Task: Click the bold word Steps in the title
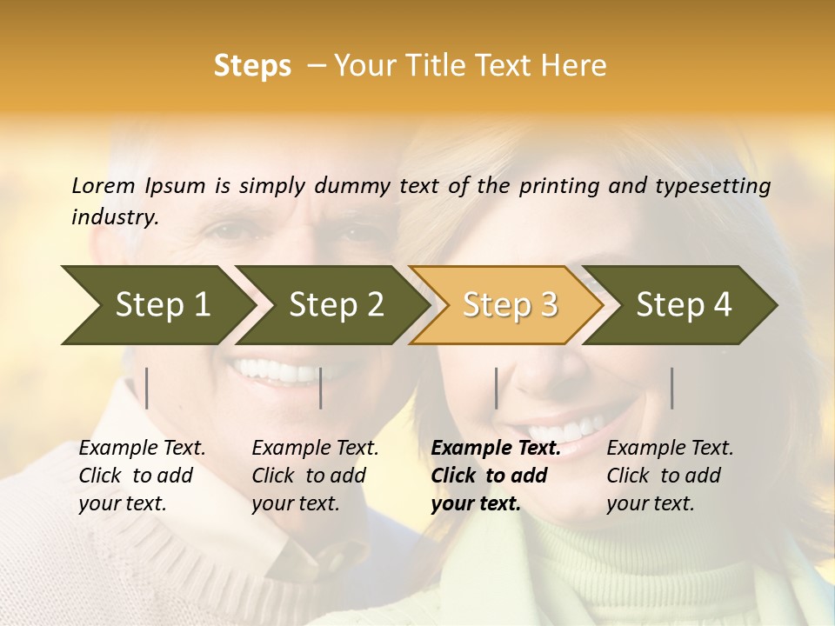pyautogui.click(x=252, y=66)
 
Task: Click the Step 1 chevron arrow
pyautogui.click(x=157, y=305)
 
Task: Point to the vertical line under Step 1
pyautogui.click(x=147, y=388)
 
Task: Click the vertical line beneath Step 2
pyautogui.click(x=321, y=388)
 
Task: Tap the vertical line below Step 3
pyautogui.click(x=496, y=388)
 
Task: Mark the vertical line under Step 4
pyautogui.click(x=671, y=388)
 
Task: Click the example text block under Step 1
pyautogui.click(x=142, y=476)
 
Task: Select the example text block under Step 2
pyautogui.click(x=315, y=476)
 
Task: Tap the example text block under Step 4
pyautogui.click(x=670, y=476)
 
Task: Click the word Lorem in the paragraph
pyautogui.click(x=103, y=185)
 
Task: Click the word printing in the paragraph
pyautogui.click(x=551, y=185)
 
